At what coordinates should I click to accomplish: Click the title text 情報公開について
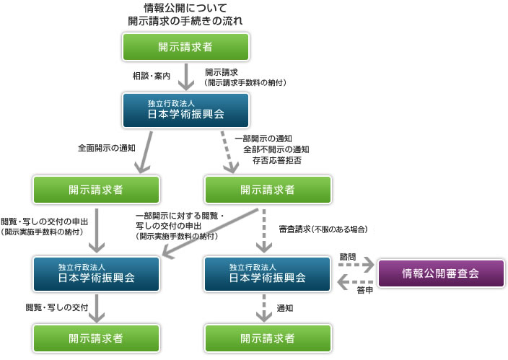(x=185, y=8)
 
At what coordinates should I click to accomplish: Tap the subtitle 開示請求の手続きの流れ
(x=185, y=21)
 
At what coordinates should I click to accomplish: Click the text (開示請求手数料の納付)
(x=245, y=83)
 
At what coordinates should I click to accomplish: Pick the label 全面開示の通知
(x=108, y=148)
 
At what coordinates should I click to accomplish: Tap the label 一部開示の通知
(x=264, y=138)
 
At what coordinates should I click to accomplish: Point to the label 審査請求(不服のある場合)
(x=324, y=229)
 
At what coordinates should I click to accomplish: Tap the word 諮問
(x=348, y=256)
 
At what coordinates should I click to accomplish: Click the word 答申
(x=364, y=289)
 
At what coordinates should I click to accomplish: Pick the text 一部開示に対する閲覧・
(x=180, y=215)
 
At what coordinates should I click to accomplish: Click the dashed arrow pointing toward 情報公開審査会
(x=354, y=265)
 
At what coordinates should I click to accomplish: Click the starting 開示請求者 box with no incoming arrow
(x=185, y=47)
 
